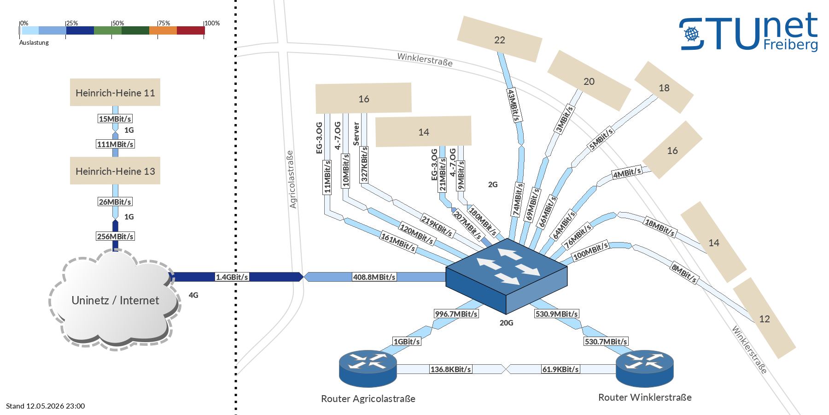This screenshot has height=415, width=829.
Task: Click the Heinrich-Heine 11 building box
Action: tap(115, 92)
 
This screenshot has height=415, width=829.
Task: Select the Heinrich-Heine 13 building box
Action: tap(115, 171)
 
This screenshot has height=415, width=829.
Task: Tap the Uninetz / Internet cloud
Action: tap(115, 300)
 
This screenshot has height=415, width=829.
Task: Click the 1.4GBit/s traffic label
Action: tap(232, 277)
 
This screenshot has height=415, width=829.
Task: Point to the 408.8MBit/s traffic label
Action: tap(374, 277)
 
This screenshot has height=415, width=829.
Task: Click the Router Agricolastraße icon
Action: tap(368, 368)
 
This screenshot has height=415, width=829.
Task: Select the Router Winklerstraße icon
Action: tap(645, 368)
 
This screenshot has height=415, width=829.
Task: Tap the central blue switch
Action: tap(507, 276)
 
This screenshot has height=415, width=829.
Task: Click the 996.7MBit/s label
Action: tap(456, 314)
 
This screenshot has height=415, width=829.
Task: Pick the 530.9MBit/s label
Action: tap(556, 314)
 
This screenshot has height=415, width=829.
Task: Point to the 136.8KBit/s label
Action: tap(451, 369)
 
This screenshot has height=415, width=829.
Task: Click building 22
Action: tap(500, 40)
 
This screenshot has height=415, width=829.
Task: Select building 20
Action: tap(589, 81)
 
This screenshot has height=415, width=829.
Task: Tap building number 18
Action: tap(664, 88)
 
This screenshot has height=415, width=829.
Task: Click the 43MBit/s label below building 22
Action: tap(513, 106)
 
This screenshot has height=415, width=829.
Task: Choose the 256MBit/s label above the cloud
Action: tap(115, 237)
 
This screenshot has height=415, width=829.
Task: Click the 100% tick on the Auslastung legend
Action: tap(212, 23)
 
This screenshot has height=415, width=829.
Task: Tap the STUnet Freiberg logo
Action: tap(749, 32)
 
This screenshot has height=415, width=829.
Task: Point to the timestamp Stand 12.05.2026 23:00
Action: tap(46, 406)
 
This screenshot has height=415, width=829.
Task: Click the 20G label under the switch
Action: tap(507, 323)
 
